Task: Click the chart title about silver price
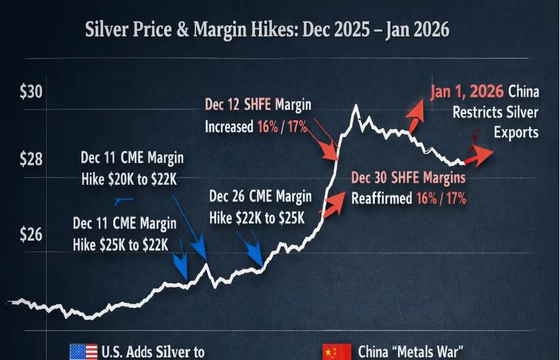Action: coord(267,31)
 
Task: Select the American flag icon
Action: coord(83,352)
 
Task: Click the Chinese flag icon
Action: coord(337,352)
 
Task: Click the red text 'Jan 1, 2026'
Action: coord(467,92)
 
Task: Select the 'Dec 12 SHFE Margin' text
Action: coord(258,105)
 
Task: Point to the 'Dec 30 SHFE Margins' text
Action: coord(409,178)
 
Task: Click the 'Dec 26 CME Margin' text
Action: coord(260,197)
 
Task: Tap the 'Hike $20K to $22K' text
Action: coord(132,177)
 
